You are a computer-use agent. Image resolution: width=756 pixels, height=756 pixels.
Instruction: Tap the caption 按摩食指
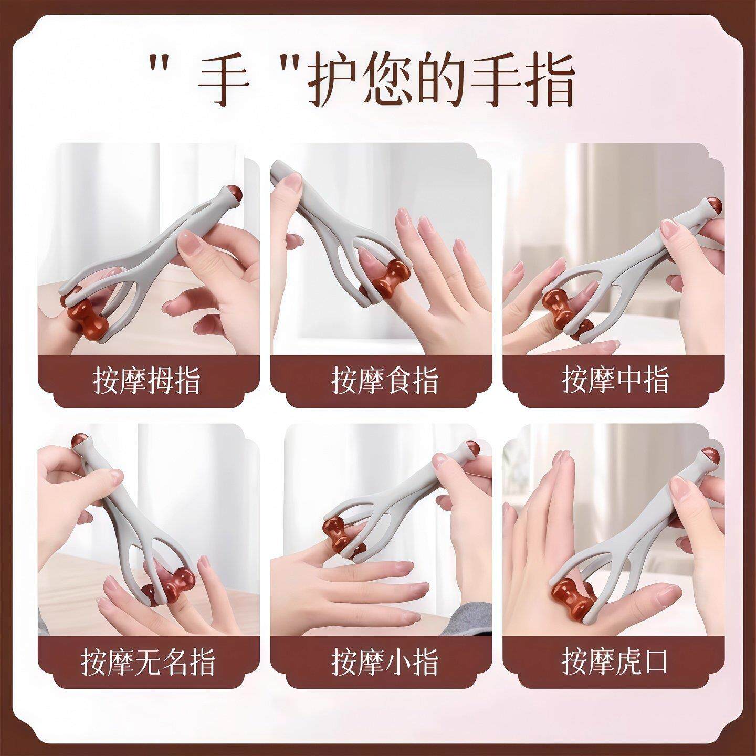(385, 380)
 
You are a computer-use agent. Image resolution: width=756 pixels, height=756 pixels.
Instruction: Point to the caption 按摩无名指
(148, 661)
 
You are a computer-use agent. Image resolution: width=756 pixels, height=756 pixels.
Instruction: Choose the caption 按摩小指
(385, 661)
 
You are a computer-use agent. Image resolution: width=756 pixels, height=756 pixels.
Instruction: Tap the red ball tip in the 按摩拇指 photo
(233, 195)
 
